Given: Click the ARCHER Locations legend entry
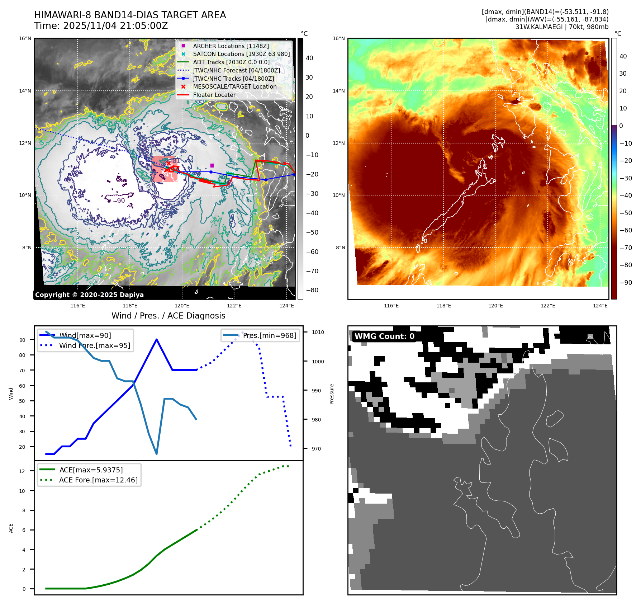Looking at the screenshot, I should [x=231, y=46].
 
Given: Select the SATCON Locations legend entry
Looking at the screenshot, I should [x=241, y=54].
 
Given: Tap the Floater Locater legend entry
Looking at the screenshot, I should [x=214, y=95].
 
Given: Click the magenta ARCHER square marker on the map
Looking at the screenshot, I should [x=212, y=165].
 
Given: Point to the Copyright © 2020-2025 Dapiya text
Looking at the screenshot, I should [x=89, y=295].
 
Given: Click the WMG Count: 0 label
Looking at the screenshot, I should [x=384, y=336].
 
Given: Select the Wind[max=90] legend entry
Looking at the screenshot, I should [x=85, y=335].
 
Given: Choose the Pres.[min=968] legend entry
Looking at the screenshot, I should [x=269, y=335].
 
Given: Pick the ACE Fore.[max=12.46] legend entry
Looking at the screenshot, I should [x=98, y=480].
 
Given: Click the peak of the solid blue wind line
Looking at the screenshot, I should [x=157, y=339].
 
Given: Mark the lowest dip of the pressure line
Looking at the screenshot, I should [x=157, y=454].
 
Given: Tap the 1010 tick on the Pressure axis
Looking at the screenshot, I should [x=318, y=332].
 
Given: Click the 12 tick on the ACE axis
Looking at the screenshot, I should [x=22, y=471].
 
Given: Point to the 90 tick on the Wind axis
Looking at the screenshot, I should [x=22, y=340].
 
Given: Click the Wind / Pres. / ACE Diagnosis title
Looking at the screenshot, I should [x=168, y=316].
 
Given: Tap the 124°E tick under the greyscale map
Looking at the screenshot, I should [x=286, y=306].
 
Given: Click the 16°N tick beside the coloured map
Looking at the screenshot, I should [x=338, y=38].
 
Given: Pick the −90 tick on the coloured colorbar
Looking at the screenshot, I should [x=626, y=283].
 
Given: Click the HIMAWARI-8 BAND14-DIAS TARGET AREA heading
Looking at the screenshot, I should [x=130, y=15].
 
